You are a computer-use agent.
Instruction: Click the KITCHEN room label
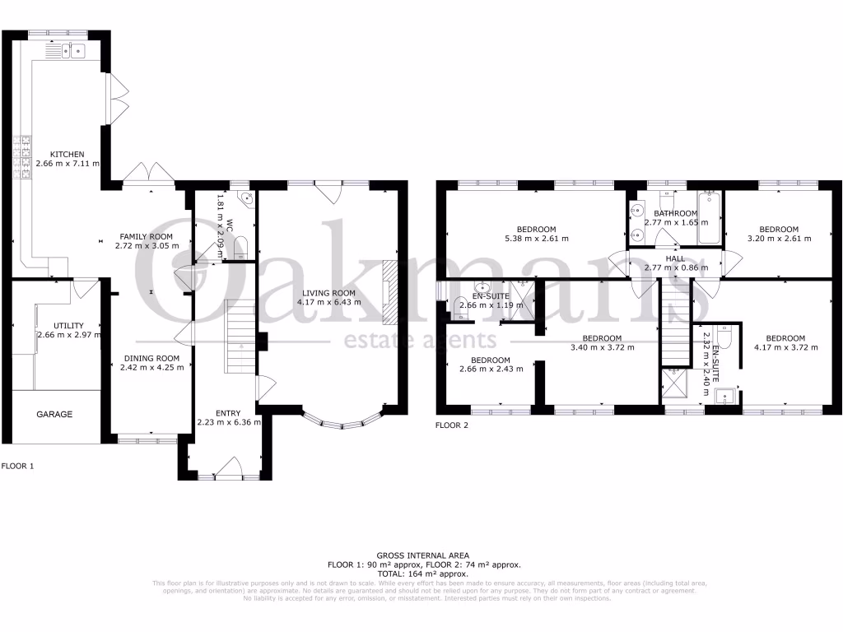point(67,154)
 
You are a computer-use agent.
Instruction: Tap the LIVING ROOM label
point(328,293)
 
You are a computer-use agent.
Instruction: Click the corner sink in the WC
point(248,198)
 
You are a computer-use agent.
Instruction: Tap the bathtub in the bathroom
point(710,219)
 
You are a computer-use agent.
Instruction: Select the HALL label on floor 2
point(674,258)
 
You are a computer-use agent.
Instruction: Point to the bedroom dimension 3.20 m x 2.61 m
point(779,239)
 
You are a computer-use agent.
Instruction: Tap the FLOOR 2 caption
point(451,425)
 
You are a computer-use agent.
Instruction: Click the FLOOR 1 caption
point(18,465)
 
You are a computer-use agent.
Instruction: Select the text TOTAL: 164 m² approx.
point(422,574)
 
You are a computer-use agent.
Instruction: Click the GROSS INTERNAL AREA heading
point(422,556)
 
